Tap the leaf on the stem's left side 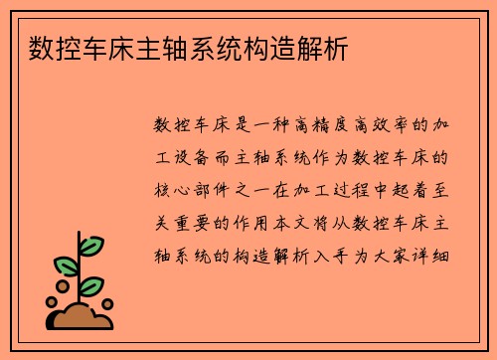[65, 267]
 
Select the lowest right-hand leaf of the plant [92, 285]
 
